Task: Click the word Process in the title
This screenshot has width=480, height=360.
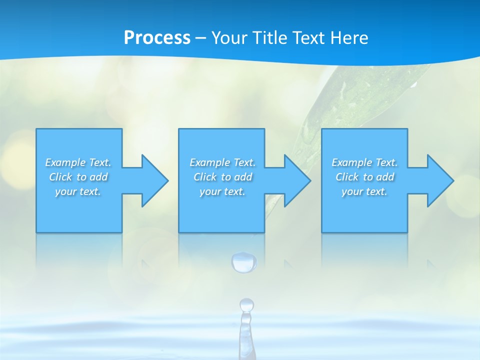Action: click(157, 37)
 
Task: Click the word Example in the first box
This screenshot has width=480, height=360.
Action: click(65, 162)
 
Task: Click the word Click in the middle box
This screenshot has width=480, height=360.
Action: click(204, 177)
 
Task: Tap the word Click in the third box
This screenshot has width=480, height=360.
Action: click(346, 177)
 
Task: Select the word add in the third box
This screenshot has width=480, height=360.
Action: click(385, 177)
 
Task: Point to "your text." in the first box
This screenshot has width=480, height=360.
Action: click(78, 191)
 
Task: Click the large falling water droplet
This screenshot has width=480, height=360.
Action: click(244, 262)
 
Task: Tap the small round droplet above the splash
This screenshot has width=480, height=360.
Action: click(246, 304)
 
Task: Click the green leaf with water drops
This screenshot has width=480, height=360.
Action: click(360, 100)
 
